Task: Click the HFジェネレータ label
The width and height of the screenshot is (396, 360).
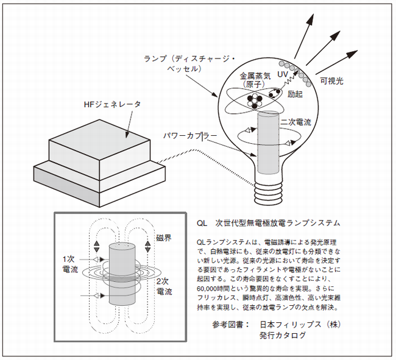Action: tap(112, 105)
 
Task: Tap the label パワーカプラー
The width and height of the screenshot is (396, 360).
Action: tap(190, 136)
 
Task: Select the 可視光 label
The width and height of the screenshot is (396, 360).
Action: tap(331, 81)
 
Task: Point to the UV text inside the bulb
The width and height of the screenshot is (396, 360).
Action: tap(283, 74)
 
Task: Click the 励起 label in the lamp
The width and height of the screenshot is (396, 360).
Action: tap(295, 94)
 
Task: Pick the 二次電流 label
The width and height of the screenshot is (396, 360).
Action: tap(295, 122)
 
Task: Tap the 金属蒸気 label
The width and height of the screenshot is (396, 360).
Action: tap(255, 76)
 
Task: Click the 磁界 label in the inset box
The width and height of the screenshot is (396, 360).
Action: tap(164, 238)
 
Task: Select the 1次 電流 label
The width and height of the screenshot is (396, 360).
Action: tap(70, 264)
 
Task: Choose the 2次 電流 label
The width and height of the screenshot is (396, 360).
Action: tap(164, 286)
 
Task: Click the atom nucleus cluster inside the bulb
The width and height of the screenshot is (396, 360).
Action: tap(254, 101)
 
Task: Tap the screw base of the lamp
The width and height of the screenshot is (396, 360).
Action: tap(268, 192)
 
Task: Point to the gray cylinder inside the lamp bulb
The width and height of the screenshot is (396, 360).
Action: tap(268, 143)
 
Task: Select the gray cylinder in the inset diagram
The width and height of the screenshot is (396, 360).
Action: tap(122, 275)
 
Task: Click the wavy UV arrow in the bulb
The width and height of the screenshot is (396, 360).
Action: tap(289, 77)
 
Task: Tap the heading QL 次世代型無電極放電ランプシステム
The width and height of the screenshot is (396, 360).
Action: tap(269, 223)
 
